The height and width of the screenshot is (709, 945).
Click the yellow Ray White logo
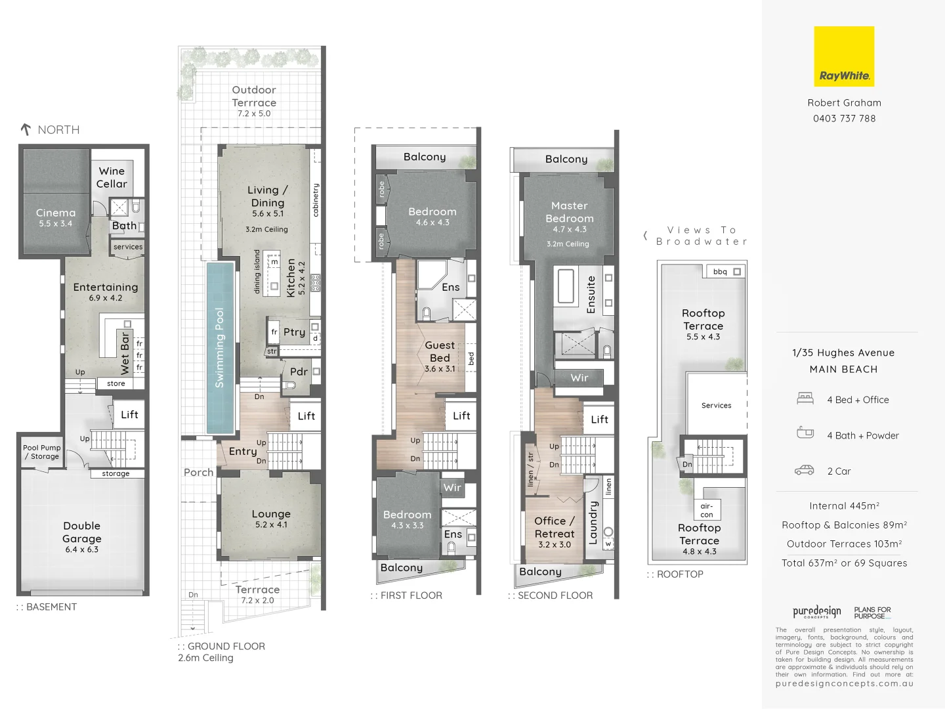(844, 56)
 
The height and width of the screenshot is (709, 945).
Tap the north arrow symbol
(26, 129)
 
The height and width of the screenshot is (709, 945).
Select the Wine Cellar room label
(112, 177)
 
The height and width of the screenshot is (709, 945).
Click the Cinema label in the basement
(56, 213)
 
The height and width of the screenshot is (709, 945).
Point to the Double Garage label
(82, 532)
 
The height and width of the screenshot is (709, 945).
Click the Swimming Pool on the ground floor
(220, 348)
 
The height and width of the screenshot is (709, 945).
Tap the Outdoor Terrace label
(254, 96)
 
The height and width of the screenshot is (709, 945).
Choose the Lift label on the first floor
(461, 416)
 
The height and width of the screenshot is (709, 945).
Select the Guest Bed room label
(440, 351)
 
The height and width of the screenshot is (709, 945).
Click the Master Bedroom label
(570, 212)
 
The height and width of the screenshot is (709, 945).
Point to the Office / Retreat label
(555, 527)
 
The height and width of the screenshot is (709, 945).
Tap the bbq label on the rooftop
(720, 271)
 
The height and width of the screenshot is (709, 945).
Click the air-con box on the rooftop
(707, 510)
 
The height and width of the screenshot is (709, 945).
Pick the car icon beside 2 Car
(804, 471)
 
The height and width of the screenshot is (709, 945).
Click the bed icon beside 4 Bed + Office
(805, 398)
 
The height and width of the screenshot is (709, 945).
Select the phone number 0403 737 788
(844, 118)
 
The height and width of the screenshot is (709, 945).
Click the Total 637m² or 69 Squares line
(844, 563)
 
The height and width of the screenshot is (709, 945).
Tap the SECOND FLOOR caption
(555, 595)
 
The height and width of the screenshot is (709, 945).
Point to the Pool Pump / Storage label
(42, 452)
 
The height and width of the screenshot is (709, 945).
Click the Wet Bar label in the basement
(125, 353)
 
